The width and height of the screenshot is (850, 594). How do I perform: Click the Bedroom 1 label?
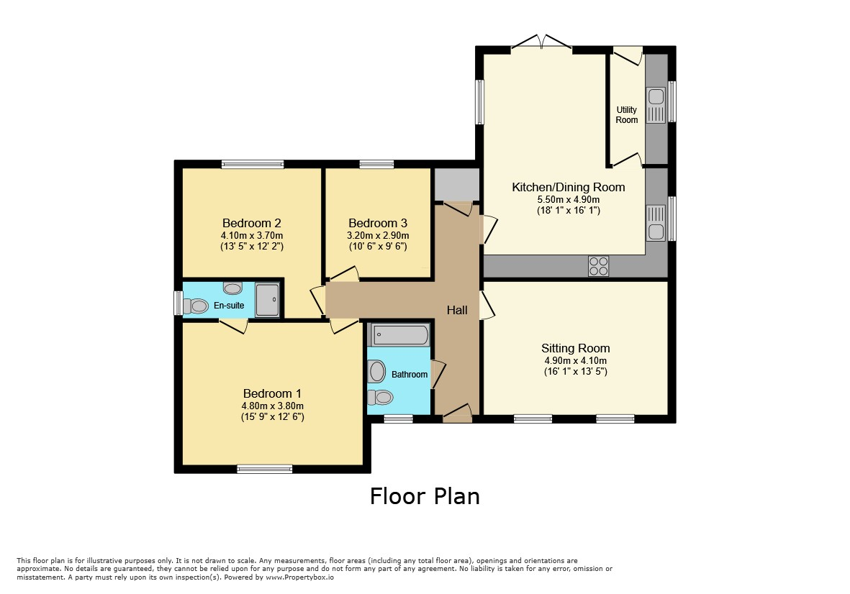pyautogui.click(x=272, y=393)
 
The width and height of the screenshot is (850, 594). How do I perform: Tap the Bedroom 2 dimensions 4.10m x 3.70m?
pyautogui.click(x=251, y=236)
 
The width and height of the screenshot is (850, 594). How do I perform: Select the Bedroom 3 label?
pyautogui.click(x=378, y=223)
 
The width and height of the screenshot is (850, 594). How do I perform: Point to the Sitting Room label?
pyautogui.click(x=575, y=348)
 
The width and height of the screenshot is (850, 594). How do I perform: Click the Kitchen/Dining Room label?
pyautogui.click(x=568, y=188)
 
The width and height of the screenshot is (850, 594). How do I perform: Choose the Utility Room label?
pyautogui.click(x=627, y=115)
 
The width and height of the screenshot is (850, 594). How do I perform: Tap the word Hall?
pyautogui.click(x=457, y=310)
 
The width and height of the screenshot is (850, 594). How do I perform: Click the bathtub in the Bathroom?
pyautogui.click(x=399, y=334)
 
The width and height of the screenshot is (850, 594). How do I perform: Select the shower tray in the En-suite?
pyautogui.click(x=267, y=299)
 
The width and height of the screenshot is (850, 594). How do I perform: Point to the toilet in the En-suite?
pyautogui.click(x=196, y=306)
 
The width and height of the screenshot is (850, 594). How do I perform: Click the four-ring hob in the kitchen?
pyautogui.click(x=599, y=266)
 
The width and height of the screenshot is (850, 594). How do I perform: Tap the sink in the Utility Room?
pyautogui.click(x=656, y=97)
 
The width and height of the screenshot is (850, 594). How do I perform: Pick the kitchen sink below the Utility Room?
pyautogui.click(x=656, y=232)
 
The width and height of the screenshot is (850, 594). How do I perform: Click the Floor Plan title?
pyautogui.click(x=425, y=496)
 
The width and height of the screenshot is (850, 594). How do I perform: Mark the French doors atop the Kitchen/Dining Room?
pyautogui.click(x=541, y=42)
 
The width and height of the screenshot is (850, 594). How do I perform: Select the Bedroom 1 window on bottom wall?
pyautogui.click(x=265, y=469)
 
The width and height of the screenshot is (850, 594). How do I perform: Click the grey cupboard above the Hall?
pyautogui.click(x=457, y=185)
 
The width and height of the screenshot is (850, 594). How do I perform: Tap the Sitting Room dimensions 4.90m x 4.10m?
pyautogui.click(x=576, y=360)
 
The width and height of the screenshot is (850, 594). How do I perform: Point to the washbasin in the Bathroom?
pyautogui.click(x=376, y=372)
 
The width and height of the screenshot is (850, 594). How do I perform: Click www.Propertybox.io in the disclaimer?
pyautogui.click(x=300, y=577)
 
